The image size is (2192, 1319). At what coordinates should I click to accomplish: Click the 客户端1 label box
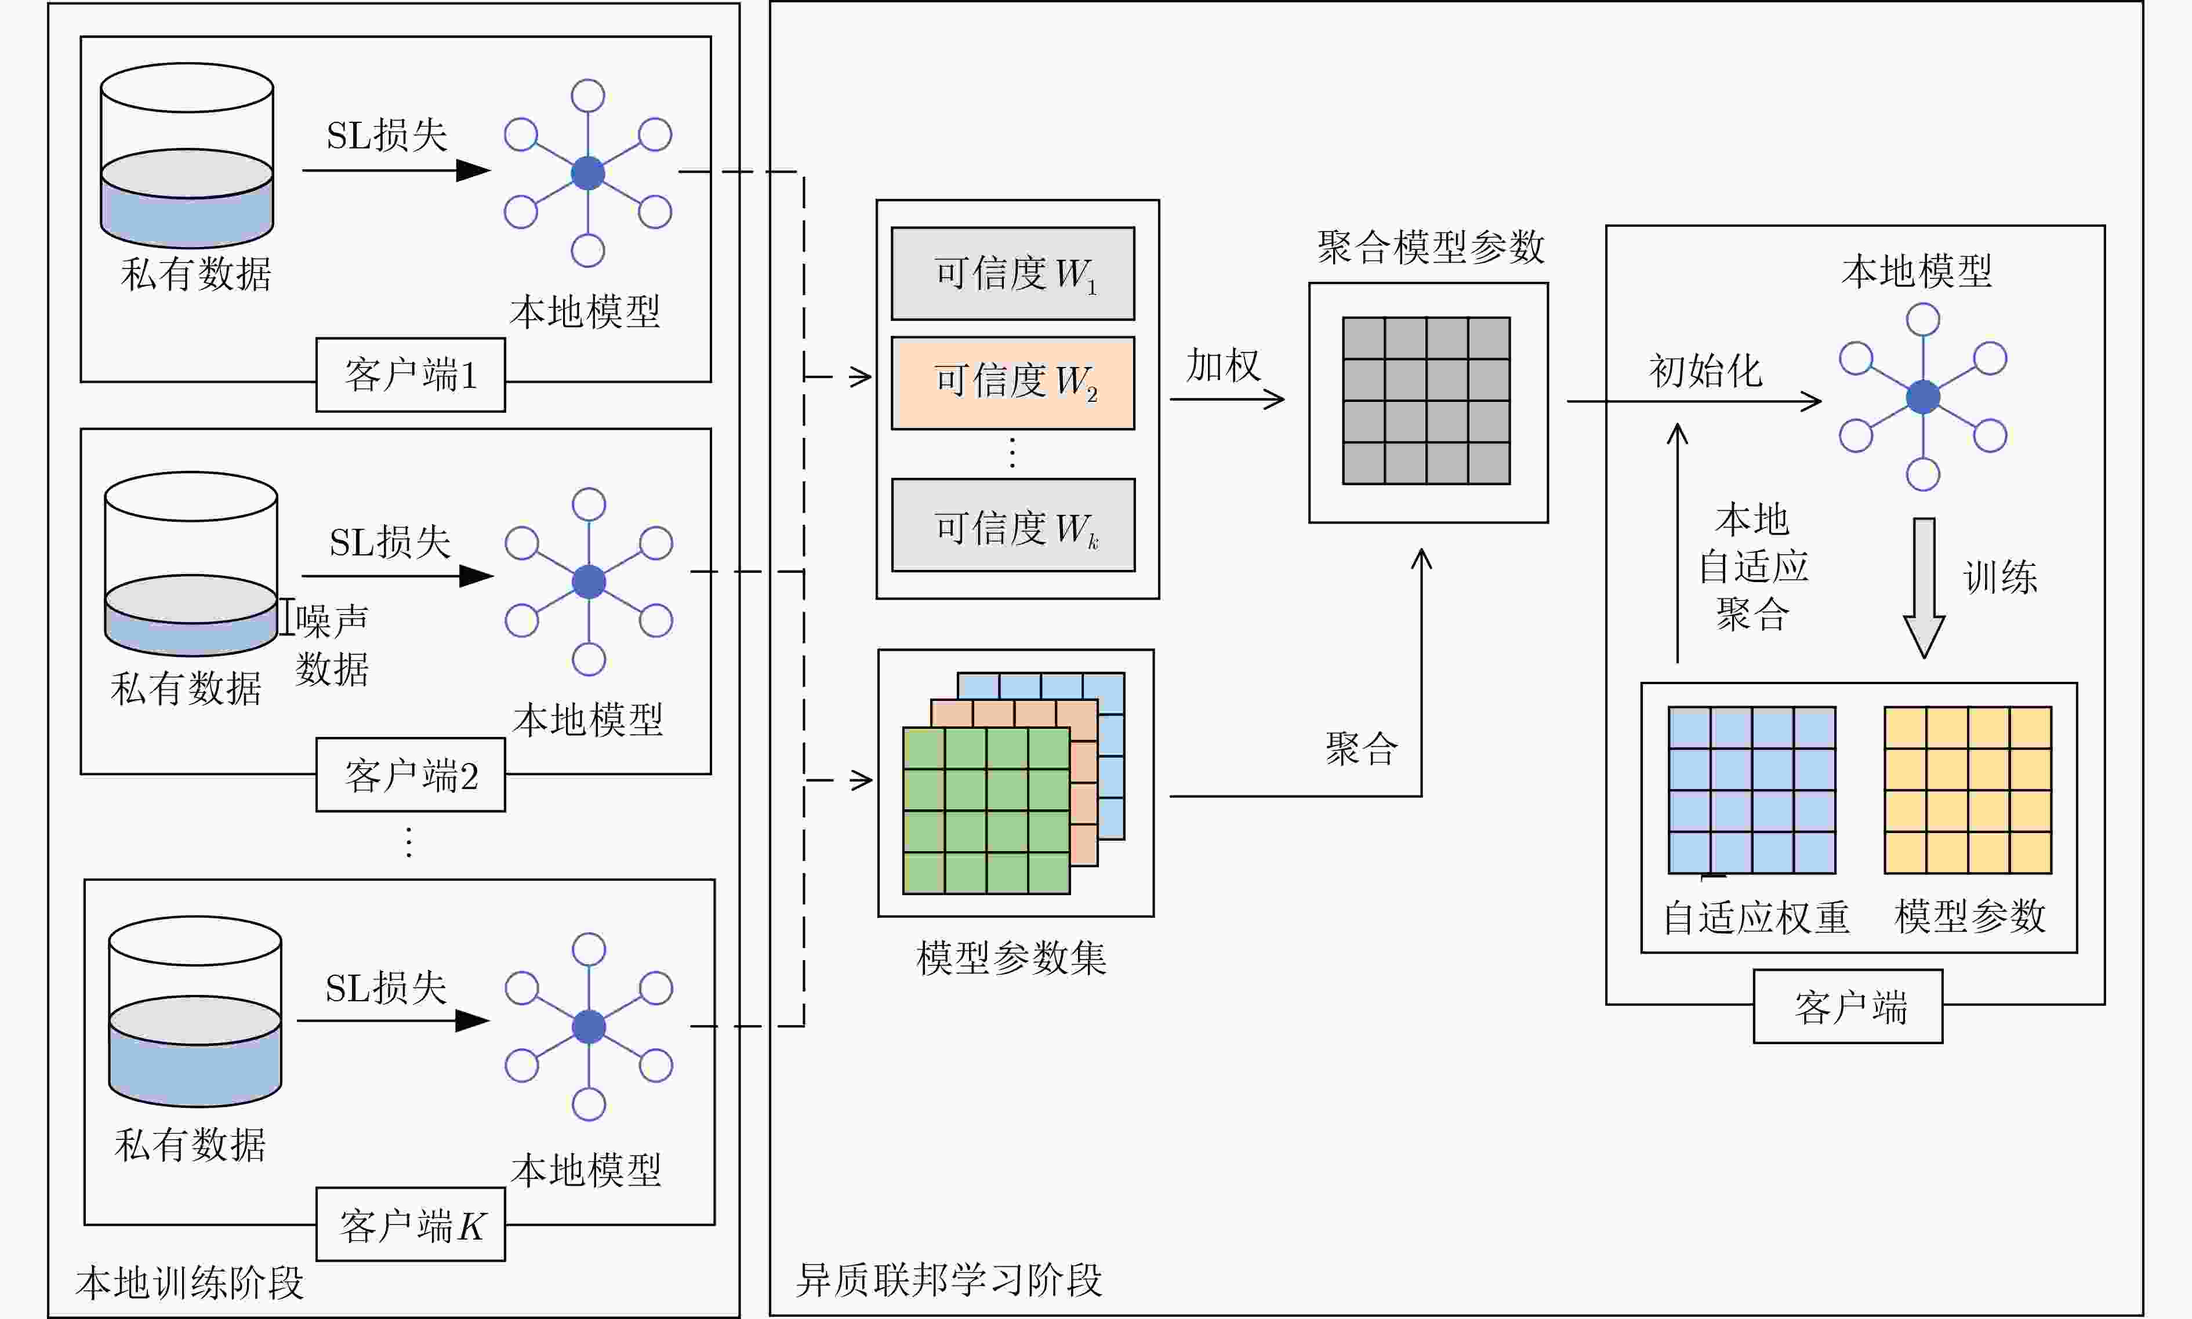coord(411,374)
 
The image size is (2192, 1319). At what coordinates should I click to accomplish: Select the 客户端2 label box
coord(411,775)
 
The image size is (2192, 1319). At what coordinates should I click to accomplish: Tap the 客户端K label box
coord(411,1224)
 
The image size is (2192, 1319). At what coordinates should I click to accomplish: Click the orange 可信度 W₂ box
coord(1012,382)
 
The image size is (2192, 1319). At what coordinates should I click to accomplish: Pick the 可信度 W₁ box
coord(1012,273)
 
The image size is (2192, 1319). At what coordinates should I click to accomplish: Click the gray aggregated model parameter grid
coord(1426,401)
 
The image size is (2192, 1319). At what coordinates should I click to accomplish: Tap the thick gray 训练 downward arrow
coord(1924,587)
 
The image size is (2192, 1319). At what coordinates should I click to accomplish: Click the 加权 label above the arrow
coord(1223,365)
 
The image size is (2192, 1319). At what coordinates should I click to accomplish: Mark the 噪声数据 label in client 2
coord(332,644)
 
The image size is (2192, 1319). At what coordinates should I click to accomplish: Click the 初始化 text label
coord(1705,370)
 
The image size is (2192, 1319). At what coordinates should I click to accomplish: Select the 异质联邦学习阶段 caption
coord(949,1280)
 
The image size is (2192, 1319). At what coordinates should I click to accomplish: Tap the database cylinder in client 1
coord(187,155)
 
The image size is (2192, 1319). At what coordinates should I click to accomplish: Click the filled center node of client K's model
coord(589,1027)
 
